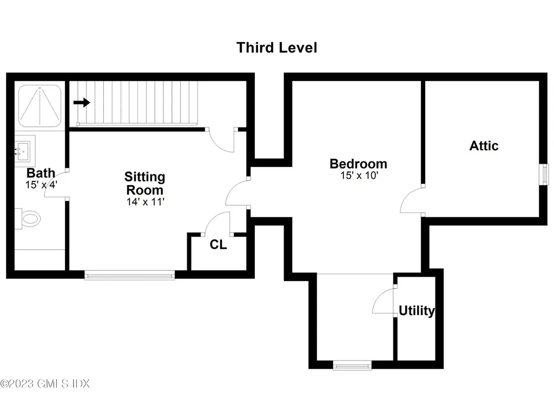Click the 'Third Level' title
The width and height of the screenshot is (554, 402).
pyautogui.click(x=276, y=48)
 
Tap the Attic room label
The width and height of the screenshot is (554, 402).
pyautogui.click(x=484, y=145)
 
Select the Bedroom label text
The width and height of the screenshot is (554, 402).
pyautogui.click(x=358, y=163)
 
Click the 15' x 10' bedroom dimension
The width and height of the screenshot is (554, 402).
pyautogui.click(x=358, y=176)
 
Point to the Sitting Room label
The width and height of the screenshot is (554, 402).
pyautogui.click(x=144, y=183)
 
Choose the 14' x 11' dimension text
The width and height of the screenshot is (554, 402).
pyautogui.click(x=144, y=202)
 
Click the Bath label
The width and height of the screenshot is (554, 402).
pyautogui.click(x=41, y=173)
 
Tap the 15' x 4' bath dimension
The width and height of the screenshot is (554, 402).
pyautogui.click(x=41, y=184)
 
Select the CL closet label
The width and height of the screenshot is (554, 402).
pyautogui.click(x=218, y=244)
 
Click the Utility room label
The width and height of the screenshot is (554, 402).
pyautogui.click(x=417, y=311)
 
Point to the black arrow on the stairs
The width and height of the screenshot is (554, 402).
pyautogui.click(x=82, y=103)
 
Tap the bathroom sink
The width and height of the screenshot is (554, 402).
pyautogui.click(x=23, y=149)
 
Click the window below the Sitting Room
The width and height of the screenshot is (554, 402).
pyautogui.click(x=130, y=276)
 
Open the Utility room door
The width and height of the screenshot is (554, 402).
pyautogui.click(x=383, y=300)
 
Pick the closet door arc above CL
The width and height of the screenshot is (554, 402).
pyautogui.click(x=217, y=223)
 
